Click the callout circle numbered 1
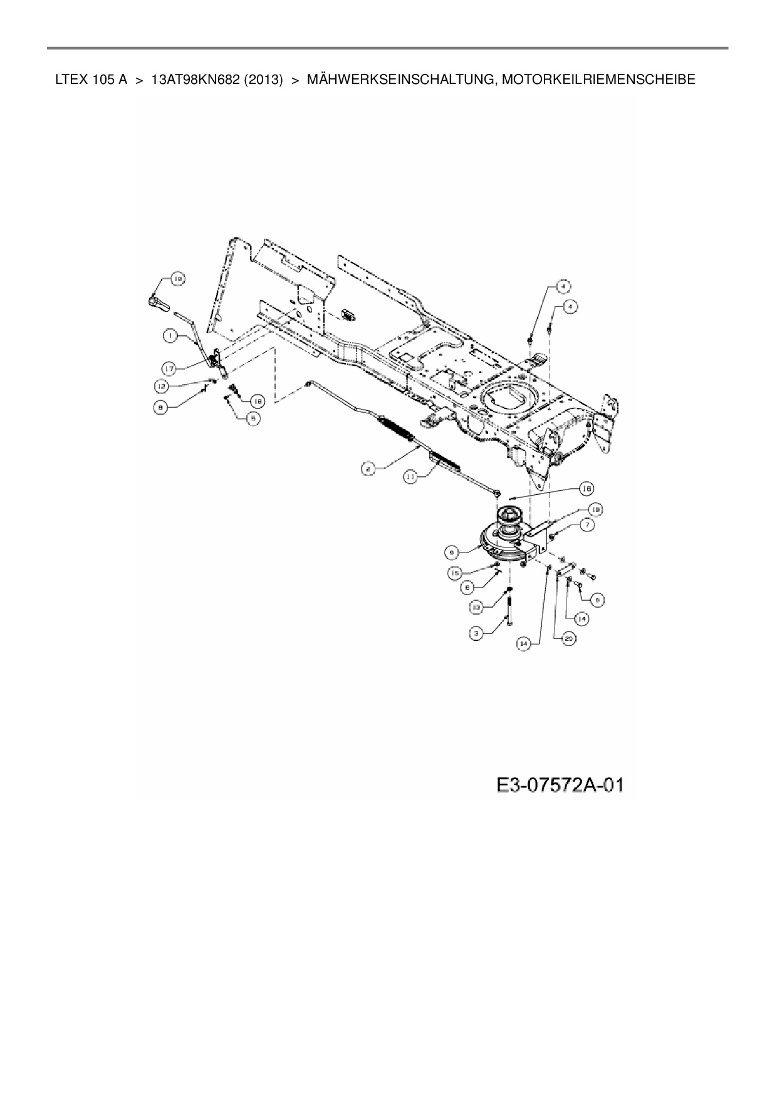pos(170,336)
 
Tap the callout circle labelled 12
pos(162,387)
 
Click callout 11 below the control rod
pos(410,477)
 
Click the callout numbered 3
pos(478,634)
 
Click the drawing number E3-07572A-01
pos(560,784)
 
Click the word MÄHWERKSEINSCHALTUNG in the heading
pos(396,80)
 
